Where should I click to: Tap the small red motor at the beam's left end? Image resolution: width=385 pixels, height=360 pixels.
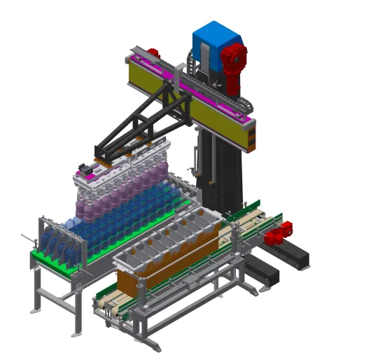coord(153,53)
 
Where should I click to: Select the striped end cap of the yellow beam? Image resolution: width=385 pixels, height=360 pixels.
coord(249,134)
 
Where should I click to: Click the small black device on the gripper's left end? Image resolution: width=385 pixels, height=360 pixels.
coord(85,169)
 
